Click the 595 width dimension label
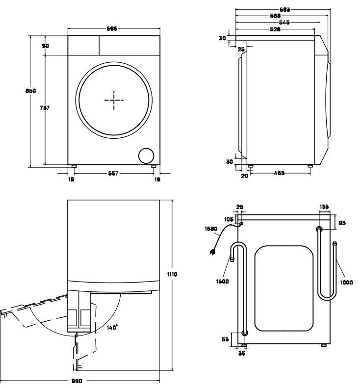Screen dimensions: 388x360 [111, 29]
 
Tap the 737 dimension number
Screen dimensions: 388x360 [44, 107]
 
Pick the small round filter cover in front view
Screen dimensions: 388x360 [145, 155]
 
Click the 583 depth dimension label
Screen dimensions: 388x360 [283, 9]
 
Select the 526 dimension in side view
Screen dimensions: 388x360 [275, 29]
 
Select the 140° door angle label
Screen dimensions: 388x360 [112, 327]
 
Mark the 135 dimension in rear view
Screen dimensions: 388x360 [324, 207]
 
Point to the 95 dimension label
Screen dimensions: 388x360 [342, 223]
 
